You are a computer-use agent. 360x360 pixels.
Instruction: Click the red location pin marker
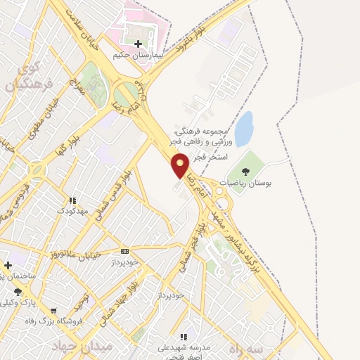pos(181,165)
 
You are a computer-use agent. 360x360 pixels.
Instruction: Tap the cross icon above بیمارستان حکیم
pos(138,44)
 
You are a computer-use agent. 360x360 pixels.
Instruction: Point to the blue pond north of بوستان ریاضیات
pos(243,129)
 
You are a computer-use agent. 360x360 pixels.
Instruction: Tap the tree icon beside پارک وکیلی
pos(18,292)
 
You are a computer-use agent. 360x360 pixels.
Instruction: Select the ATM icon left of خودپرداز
pos(125,251)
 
